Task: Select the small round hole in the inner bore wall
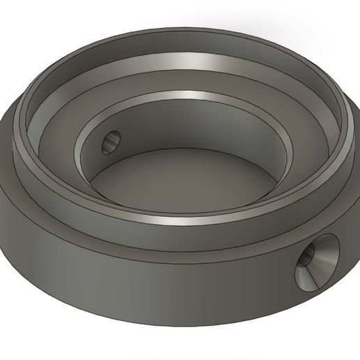[x=110, y=144]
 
